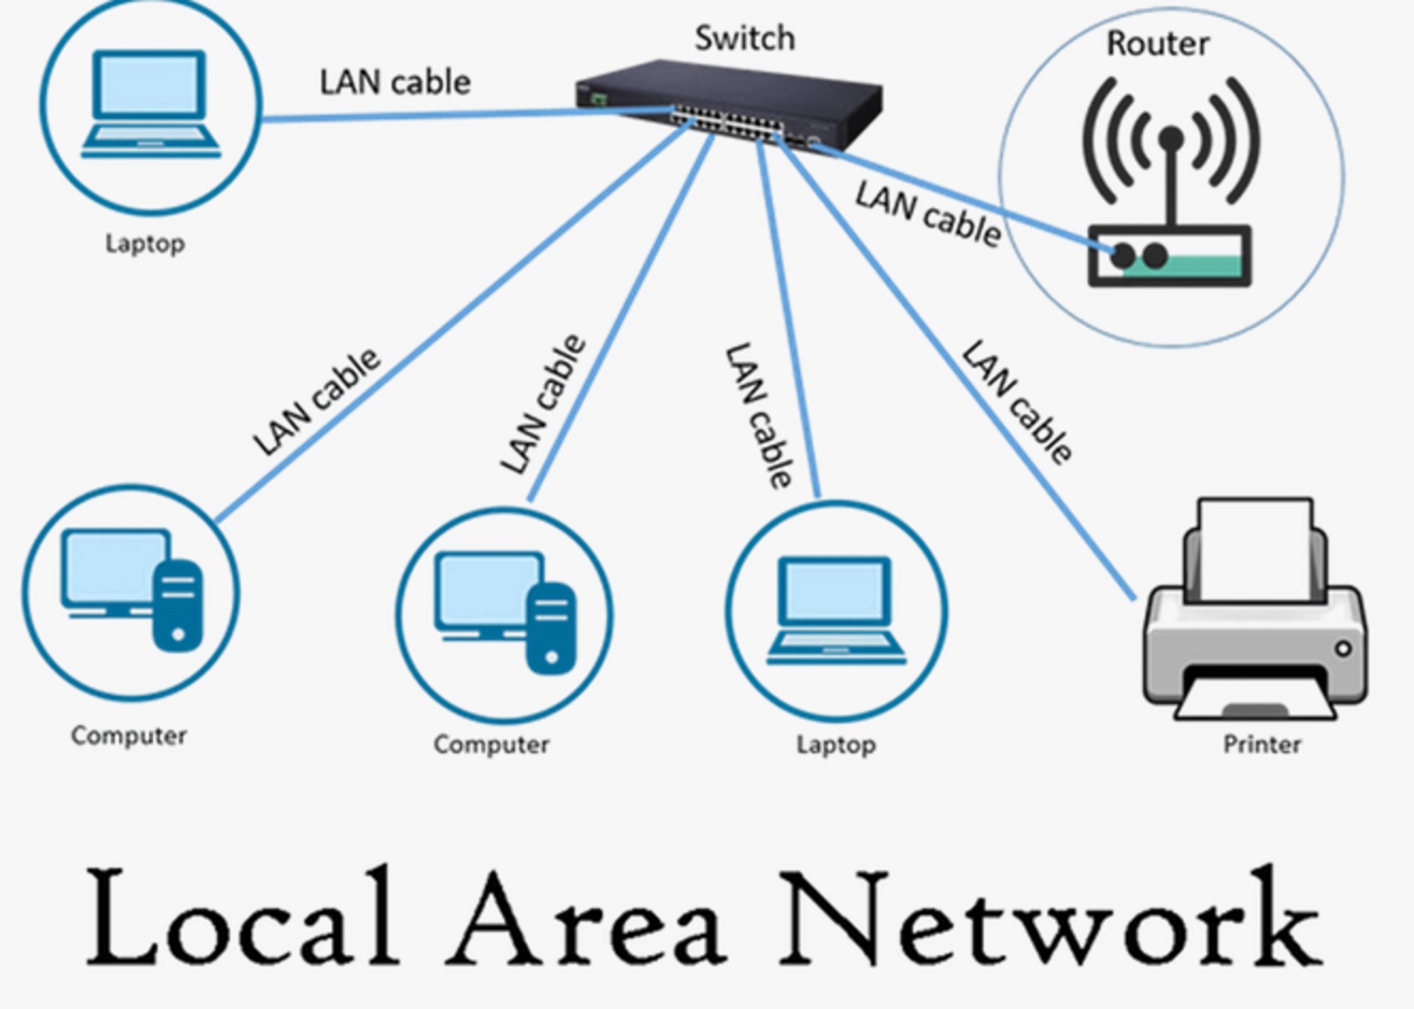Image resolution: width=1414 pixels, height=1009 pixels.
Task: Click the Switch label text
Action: point(744,38)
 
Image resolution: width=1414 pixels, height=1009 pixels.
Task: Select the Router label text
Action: point(1158,43)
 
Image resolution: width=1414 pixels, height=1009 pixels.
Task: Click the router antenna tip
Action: point(1171,137)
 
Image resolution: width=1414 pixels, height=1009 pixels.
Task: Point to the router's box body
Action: point(1169,256)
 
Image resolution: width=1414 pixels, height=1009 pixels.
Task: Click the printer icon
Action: point(1255,618)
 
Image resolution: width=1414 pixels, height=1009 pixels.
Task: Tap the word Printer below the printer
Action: point(1261,744)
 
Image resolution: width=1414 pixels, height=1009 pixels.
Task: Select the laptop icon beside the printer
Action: point(836,610)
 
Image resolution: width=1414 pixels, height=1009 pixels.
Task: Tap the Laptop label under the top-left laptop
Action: point(145,243)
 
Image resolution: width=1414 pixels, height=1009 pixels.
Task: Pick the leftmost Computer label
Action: point(129,735)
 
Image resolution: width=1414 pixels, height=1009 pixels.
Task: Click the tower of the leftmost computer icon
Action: point(178,605)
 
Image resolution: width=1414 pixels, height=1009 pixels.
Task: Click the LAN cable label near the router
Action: point(928,213)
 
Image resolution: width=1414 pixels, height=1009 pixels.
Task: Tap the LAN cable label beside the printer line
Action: point(1017,402)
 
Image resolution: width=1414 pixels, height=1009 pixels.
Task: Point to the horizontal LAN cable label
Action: point(395,82)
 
